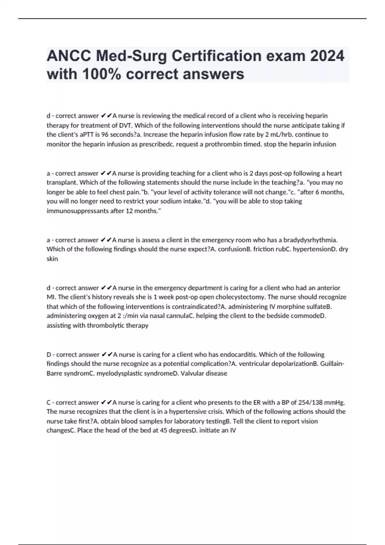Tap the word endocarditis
[x=238, y=354]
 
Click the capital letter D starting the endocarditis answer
[x=49, y=355]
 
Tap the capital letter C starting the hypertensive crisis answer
[x=49, y=402]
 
